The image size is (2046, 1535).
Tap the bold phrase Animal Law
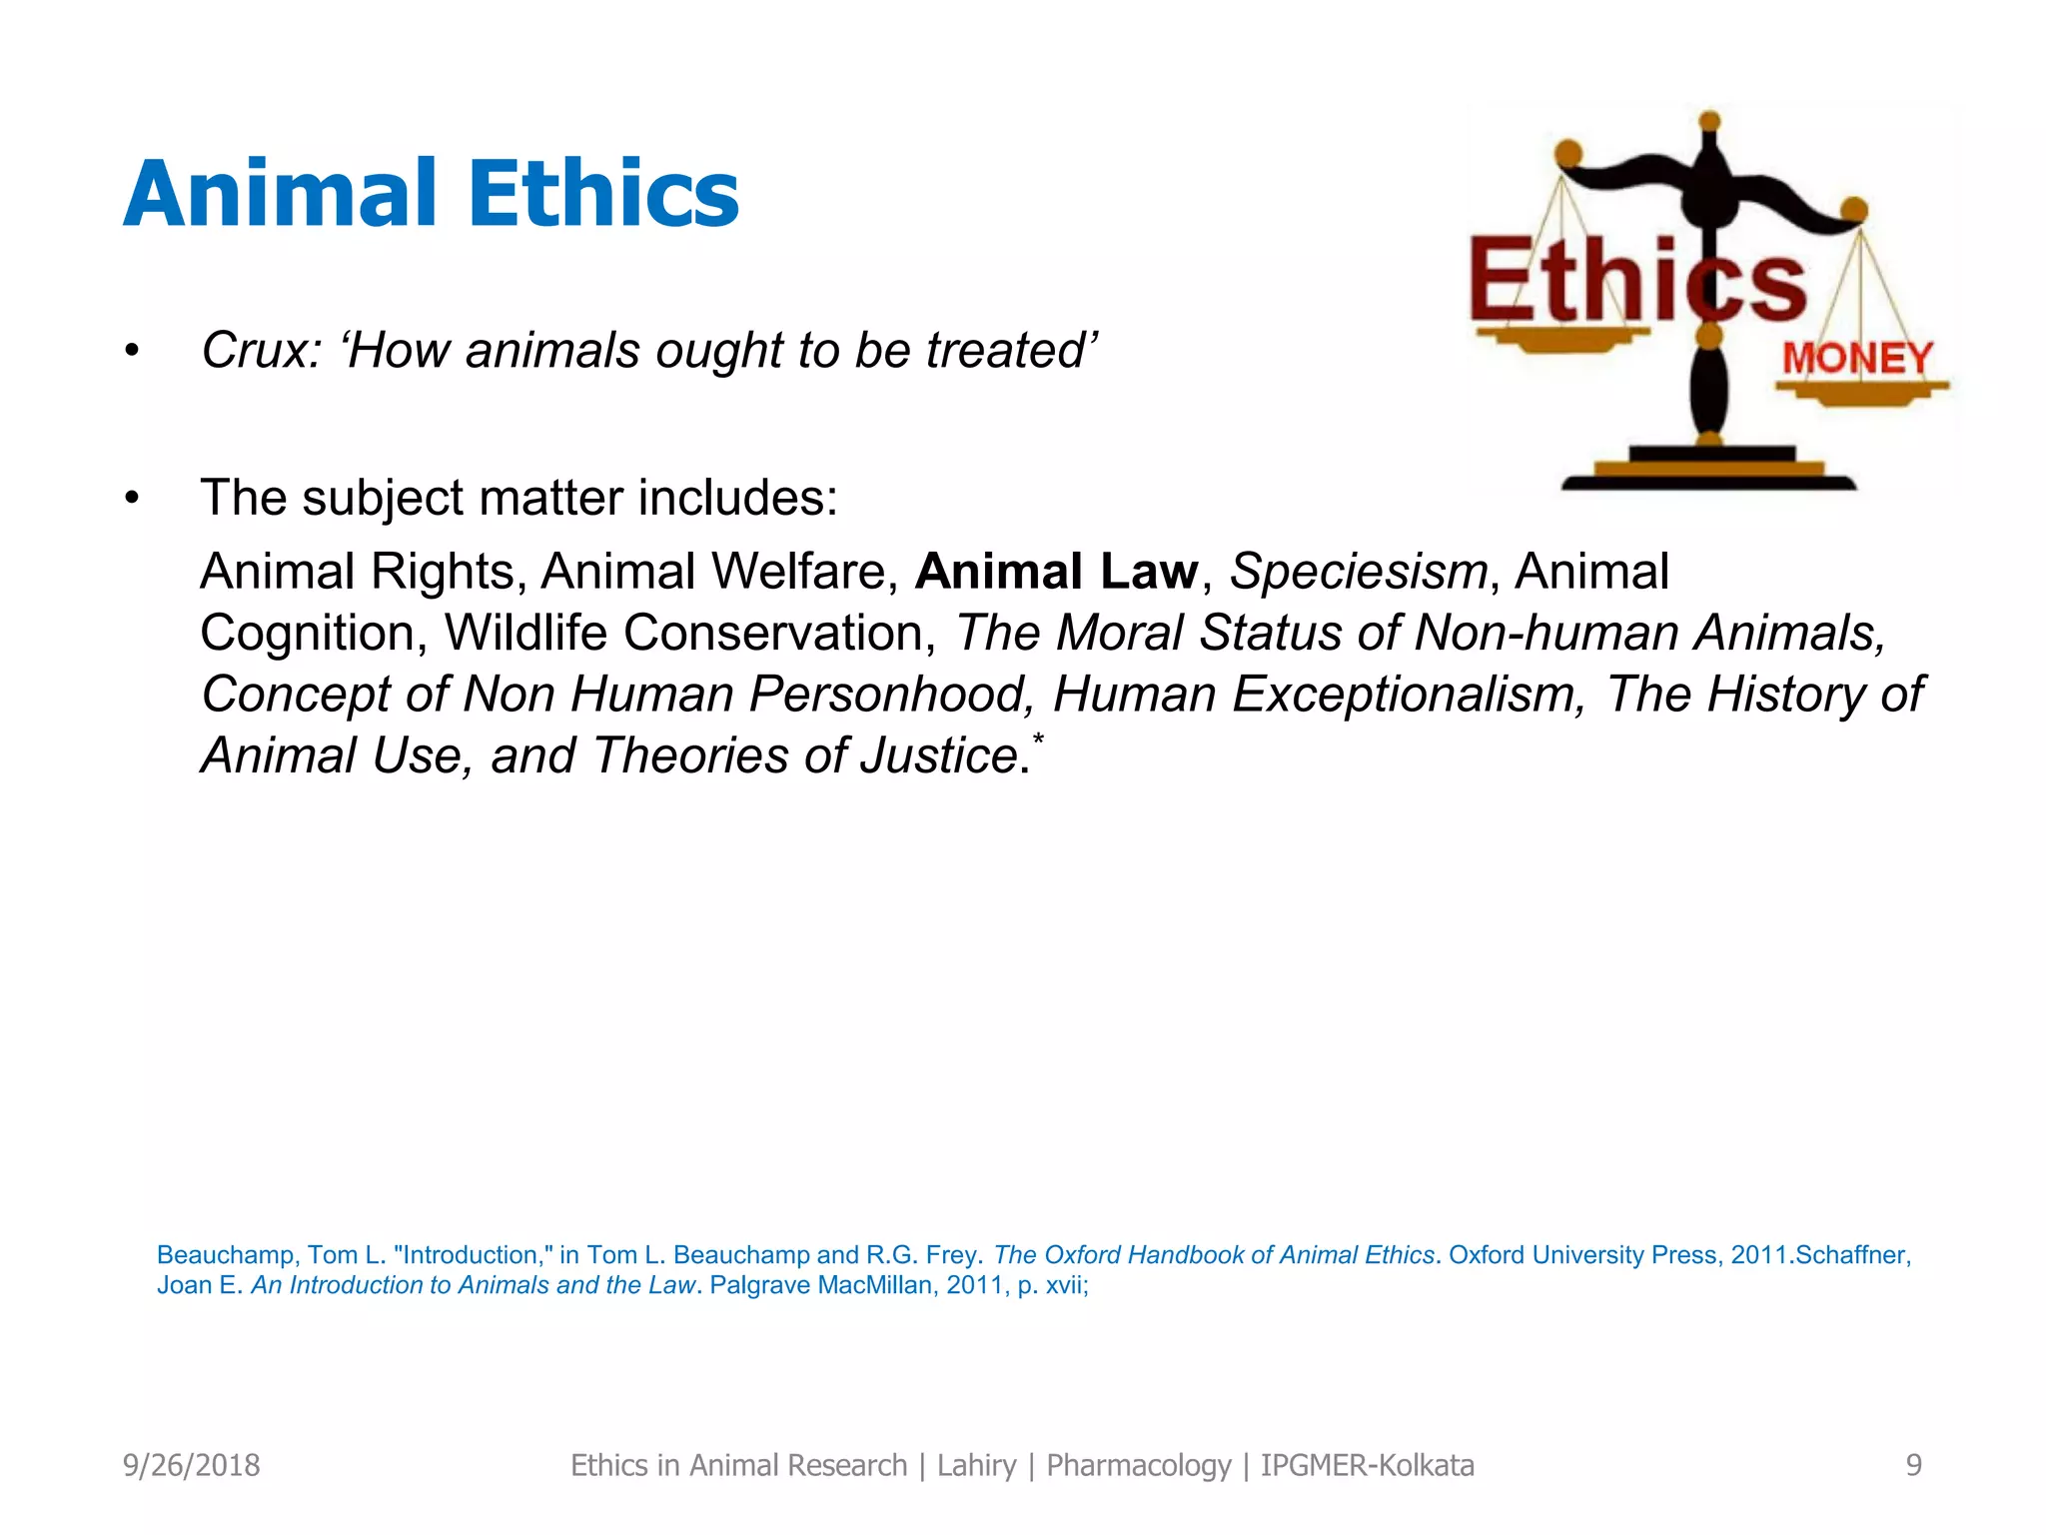[x=1056, y=572]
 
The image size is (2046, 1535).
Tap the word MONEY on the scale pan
[x=1857, y=358]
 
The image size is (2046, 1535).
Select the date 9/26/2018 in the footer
[x=191, y=1465]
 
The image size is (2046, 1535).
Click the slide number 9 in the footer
[x=1913, y=1465]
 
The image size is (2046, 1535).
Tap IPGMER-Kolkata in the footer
[x=1367, y=1465]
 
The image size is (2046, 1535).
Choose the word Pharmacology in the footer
[x=1138, y=1465]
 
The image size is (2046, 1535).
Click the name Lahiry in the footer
[x=976, y=1465]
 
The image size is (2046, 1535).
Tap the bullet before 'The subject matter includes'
[x=132, y=498]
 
